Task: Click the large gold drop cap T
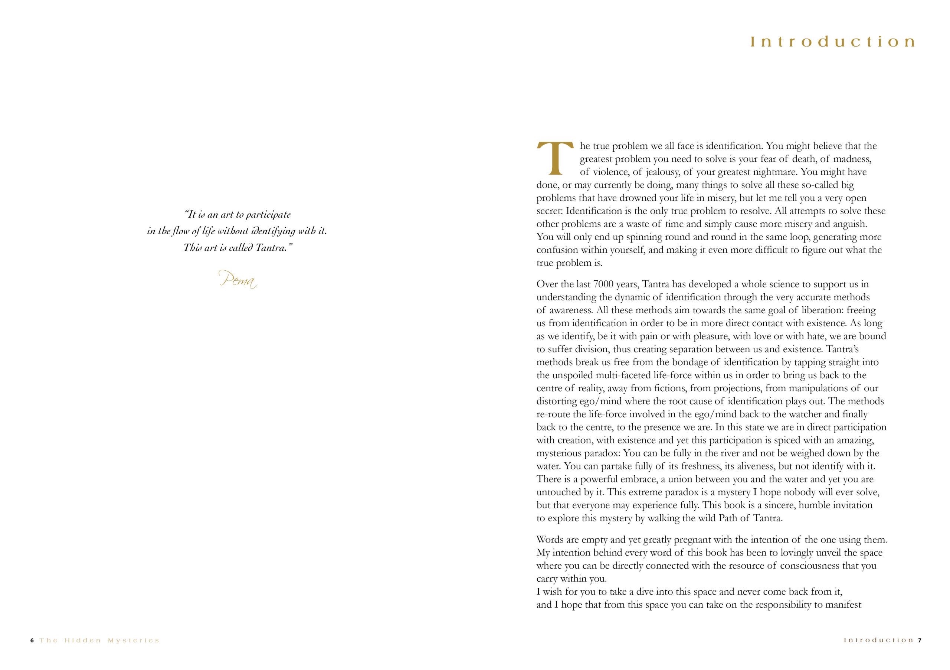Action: click(555, 158)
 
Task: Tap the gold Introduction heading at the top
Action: click(832, 42)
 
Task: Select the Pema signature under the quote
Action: click(238, 279)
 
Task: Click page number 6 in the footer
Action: click(32, 640)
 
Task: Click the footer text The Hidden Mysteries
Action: click(99, 640)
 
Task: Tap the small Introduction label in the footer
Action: click(878, 640)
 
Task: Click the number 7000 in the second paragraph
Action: click(603, 284)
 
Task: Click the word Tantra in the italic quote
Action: click(271, 248)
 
